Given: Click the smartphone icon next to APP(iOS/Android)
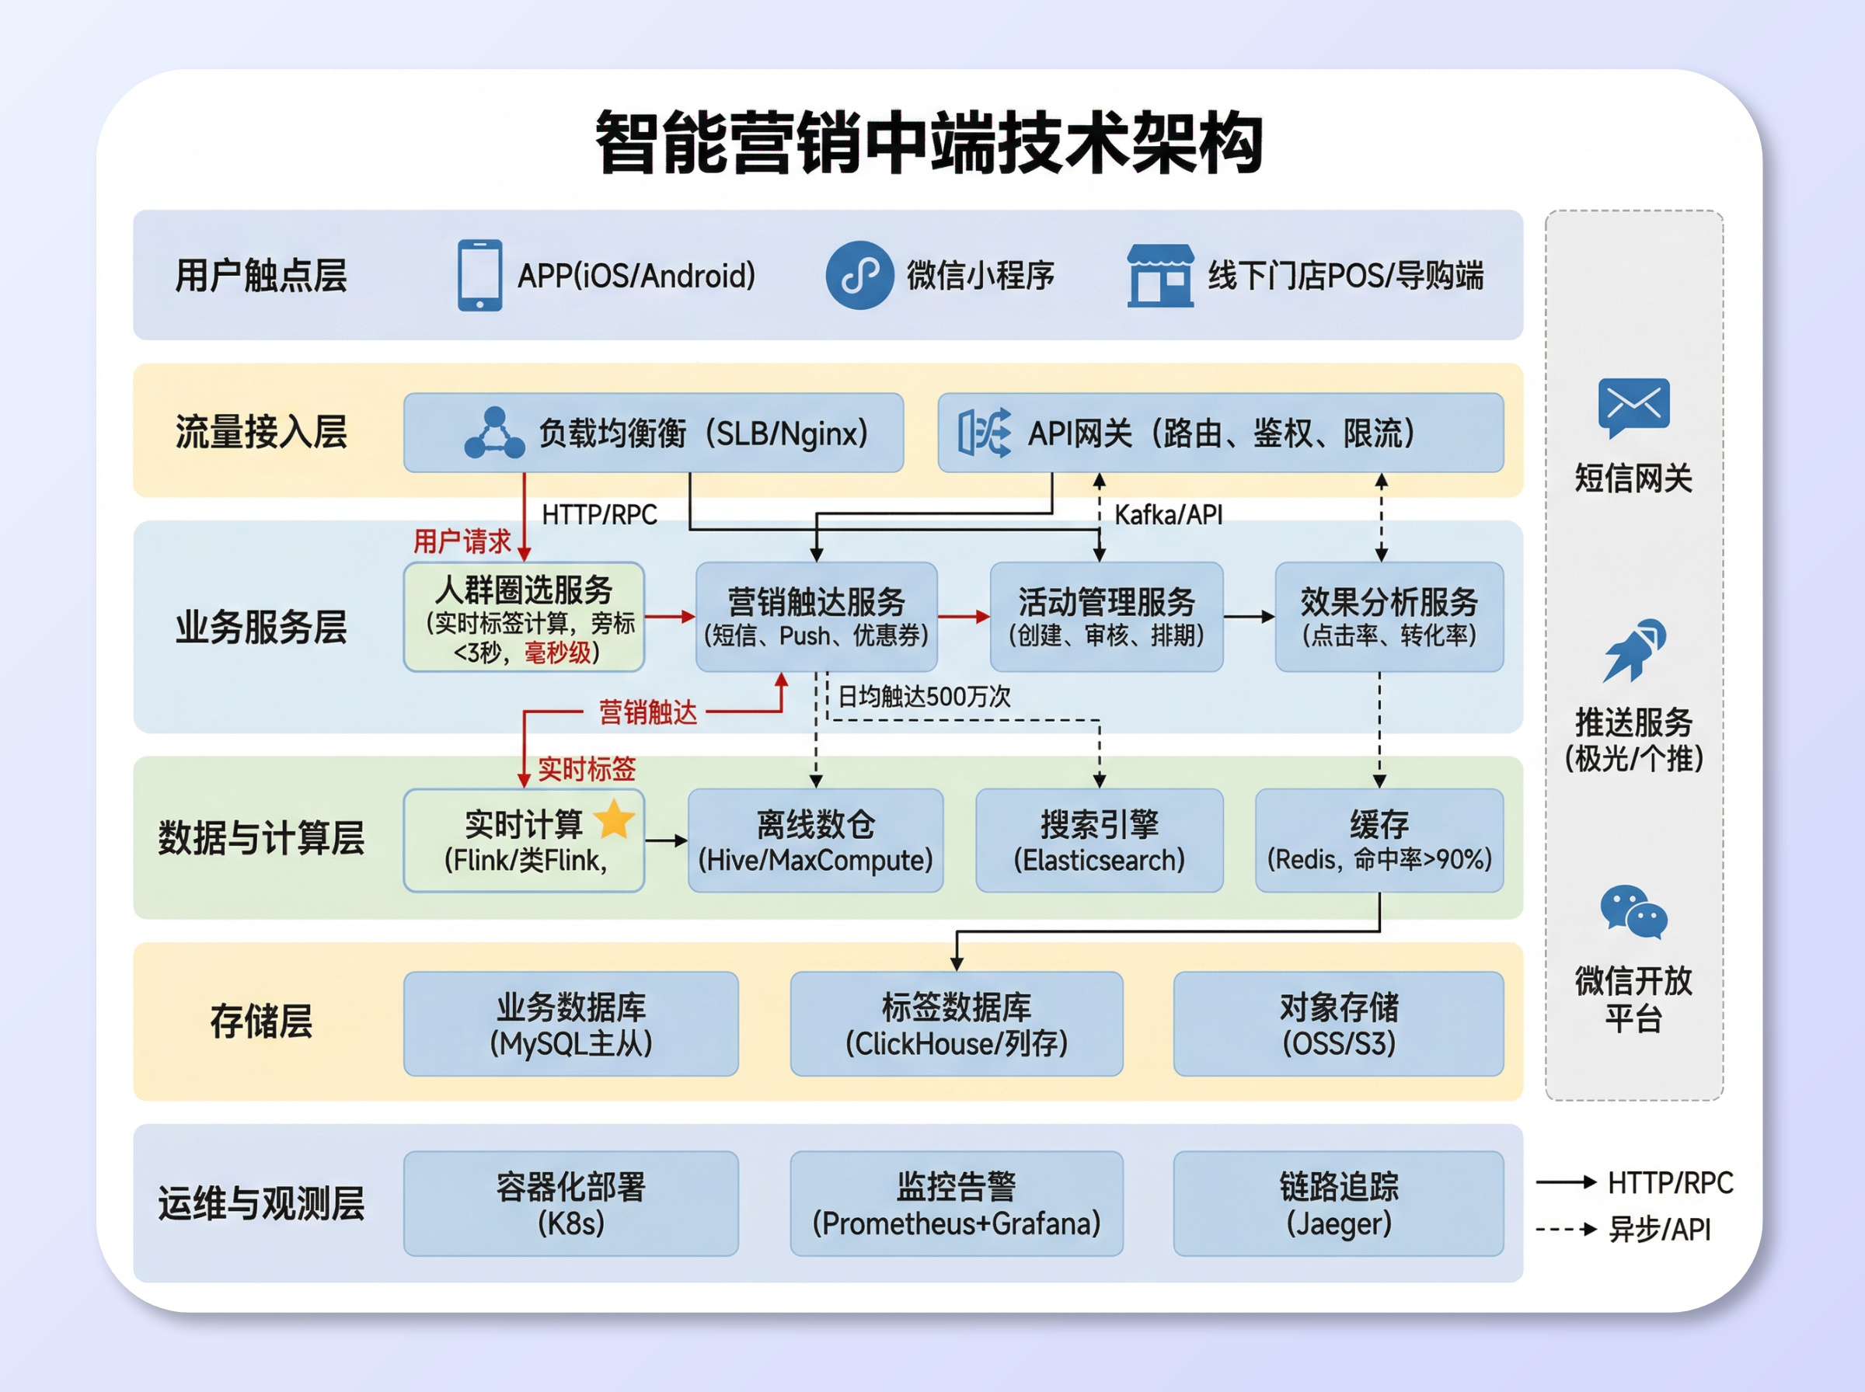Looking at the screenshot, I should click(479, 276).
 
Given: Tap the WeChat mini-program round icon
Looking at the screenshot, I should click(859, 276).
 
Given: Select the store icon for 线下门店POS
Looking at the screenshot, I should click(1159, 276).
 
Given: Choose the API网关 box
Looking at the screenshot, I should click(1219, 433).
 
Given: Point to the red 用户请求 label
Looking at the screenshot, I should click(462, 541).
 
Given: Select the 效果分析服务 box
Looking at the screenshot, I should click(1388, 617).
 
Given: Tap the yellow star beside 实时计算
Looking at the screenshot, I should click(615, 819).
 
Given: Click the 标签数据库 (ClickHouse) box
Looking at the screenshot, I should click(956, 1024).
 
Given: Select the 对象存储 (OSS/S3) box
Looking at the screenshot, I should click(1337, 1024).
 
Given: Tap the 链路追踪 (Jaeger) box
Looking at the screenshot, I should click(1337, 1203).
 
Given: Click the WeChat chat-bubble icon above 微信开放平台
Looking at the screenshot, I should click(1633, 912).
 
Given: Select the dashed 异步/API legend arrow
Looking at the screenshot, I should click(1566, 1230).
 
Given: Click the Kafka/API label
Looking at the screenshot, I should click(1168, 515).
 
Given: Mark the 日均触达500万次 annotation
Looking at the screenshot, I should click(924, 696).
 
